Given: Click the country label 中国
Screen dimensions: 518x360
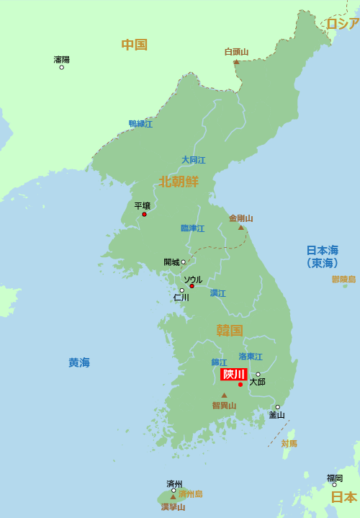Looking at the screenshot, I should [134, 45].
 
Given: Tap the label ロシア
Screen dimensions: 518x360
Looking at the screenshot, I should [343, 24].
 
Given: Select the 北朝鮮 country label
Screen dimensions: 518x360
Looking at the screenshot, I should [179, 181].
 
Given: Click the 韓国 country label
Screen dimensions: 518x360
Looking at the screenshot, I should [230, 331].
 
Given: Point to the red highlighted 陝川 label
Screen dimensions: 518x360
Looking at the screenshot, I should [234, 374].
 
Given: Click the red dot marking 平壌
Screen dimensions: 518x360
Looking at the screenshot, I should [144, 214].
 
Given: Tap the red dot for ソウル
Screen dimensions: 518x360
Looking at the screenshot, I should [192, 286].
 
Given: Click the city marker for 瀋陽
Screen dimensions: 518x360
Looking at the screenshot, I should [61, 67].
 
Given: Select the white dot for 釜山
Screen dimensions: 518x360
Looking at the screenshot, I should [277, 407].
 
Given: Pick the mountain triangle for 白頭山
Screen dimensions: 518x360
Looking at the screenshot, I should [236, 62].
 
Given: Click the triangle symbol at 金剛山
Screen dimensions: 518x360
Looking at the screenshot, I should [241, 228].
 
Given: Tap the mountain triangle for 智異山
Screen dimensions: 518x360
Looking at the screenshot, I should [224, 395].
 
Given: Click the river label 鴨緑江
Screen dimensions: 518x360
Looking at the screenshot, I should [140, 124].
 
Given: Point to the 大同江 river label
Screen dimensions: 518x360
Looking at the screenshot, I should [193, 160].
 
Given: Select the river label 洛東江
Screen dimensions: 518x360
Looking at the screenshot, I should [251, 357].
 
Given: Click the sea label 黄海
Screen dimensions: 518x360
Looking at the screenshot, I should [79, 362].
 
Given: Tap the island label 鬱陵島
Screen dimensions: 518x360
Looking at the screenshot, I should [343, 279].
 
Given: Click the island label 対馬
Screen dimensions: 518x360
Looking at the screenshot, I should [289, 443].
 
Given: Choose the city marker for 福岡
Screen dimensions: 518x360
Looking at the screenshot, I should [334, 484].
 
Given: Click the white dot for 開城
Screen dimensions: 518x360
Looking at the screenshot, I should [183, 262].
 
